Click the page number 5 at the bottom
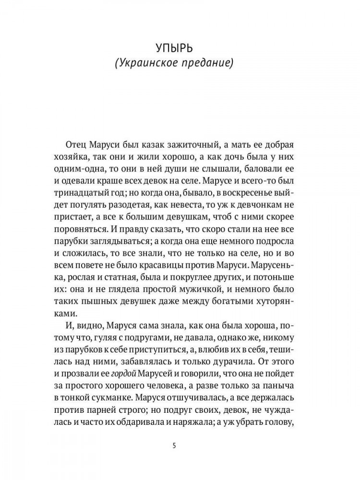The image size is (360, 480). [174, 445]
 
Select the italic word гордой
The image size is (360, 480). [120, 358]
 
